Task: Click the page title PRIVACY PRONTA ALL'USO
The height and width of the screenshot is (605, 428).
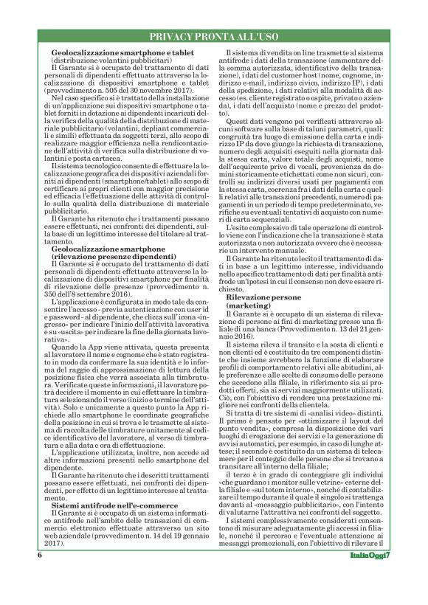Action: [214, 36]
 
